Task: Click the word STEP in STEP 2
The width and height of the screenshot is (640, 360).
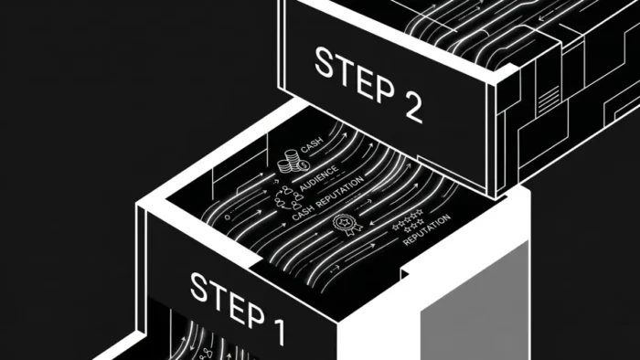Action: [355, 74]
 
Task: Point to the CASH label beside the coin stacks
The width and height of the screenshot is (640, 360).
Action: [312, 144]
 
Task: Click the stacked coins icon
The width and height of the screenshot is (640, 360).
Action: [293, 162]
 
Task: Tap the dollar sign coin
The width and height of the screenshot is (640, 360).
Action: [304, 165]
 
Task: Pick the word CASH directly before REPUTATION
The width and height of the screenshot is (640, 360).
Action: [304, 212]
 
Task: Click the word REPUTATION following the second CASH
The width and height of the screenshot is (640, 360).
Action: [340, 191]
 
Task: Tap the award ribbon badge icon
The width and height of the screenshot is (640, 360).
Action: [347, 225]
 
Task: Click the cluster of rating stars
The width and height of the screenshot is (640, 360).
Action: [408, 220]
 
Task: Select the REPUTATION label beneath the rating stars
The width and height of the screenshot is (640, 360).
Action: [427, 229]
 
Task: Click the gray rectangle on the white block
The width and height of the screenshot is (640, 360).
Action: [475, 301]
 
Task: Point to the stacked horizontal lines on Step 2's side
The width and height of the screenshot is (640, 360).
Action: [549, 100]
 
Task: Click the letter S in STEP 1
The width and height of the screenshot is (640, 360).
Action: [199, 287]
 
